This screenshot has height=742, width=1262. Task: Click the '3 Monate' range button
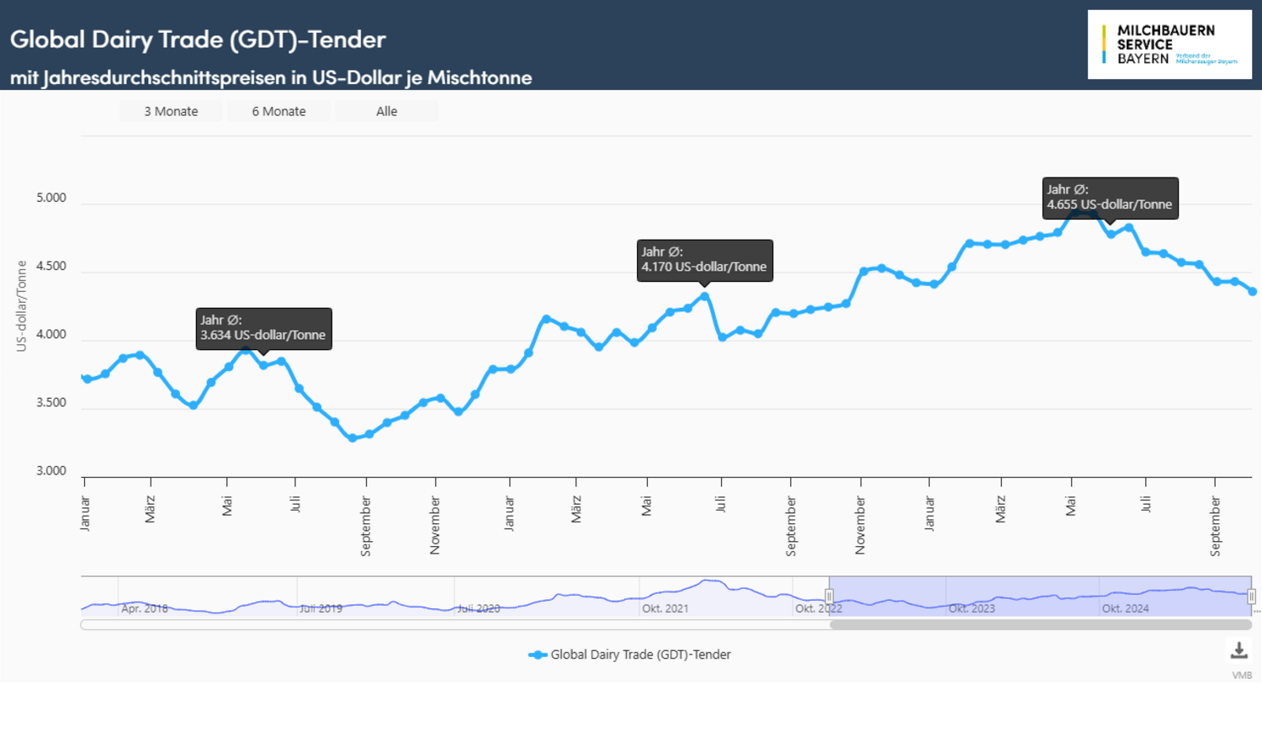(x=171, y=111)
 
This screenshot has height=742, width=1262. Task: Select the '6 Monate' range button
(x=278, y=111)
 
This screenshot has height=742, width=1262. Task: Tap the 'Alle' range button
(x=386, y=111)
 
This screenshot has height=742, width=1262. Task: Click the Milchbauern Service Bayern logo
(x=1169, y=45)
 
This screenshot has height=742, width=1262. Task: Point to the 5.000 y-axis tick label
(x=51, y=199)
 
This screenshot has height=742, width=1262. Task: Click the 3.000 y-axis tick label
(x=51, y=471)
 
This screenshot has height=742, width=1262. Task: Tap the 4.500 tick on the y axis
(x=51, y=267)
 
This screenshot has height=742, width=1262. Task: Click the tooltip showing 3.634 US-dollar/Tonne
(x=263, y=328)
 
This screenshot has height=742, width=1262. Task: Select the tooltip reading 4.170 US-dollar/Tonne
(x=704, y=260)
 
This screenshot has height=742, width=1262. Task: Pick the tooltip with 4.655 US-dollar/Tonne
(x=1110, y=198)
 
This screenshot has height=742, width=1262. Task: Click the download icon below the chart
(x=1238, y=650)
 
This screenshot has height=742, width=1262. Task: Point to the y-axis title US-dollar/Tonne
(x=22, y=305)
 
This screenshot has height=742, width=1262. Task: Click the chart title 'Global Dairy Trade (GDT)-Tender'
(x=198, y=39)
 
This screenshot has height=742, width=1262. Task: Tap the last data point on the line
(x=1253, y=292)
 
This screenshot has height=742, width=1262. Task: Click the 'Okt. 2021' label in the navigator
(x=665, y=608)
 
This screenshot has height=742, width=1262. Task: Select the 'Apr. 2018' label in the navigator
(x=145, y=608)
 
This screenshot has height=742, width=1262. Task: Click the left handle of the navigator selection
(x=829, y=596)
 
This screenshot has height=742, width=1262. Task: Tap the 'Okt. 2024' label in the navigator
(x=1125, y=608)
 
